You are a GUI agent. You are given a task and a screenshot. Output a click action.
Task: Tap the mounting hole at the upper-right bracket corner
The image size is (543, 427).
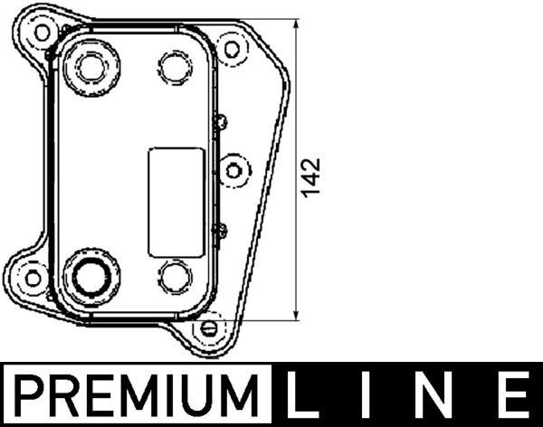click(233, 48)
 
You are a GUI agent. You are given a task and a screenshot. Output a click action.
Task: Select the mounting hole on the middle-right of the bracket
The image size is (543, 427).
click(233, 169)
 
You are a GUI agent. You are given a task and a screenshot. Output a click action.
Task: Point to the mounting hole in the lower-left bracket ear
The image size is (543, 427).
click(33, 278)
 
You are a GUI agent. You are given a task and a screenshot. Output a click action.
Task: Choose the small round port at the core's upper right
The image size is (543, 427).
click(174, 65)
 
